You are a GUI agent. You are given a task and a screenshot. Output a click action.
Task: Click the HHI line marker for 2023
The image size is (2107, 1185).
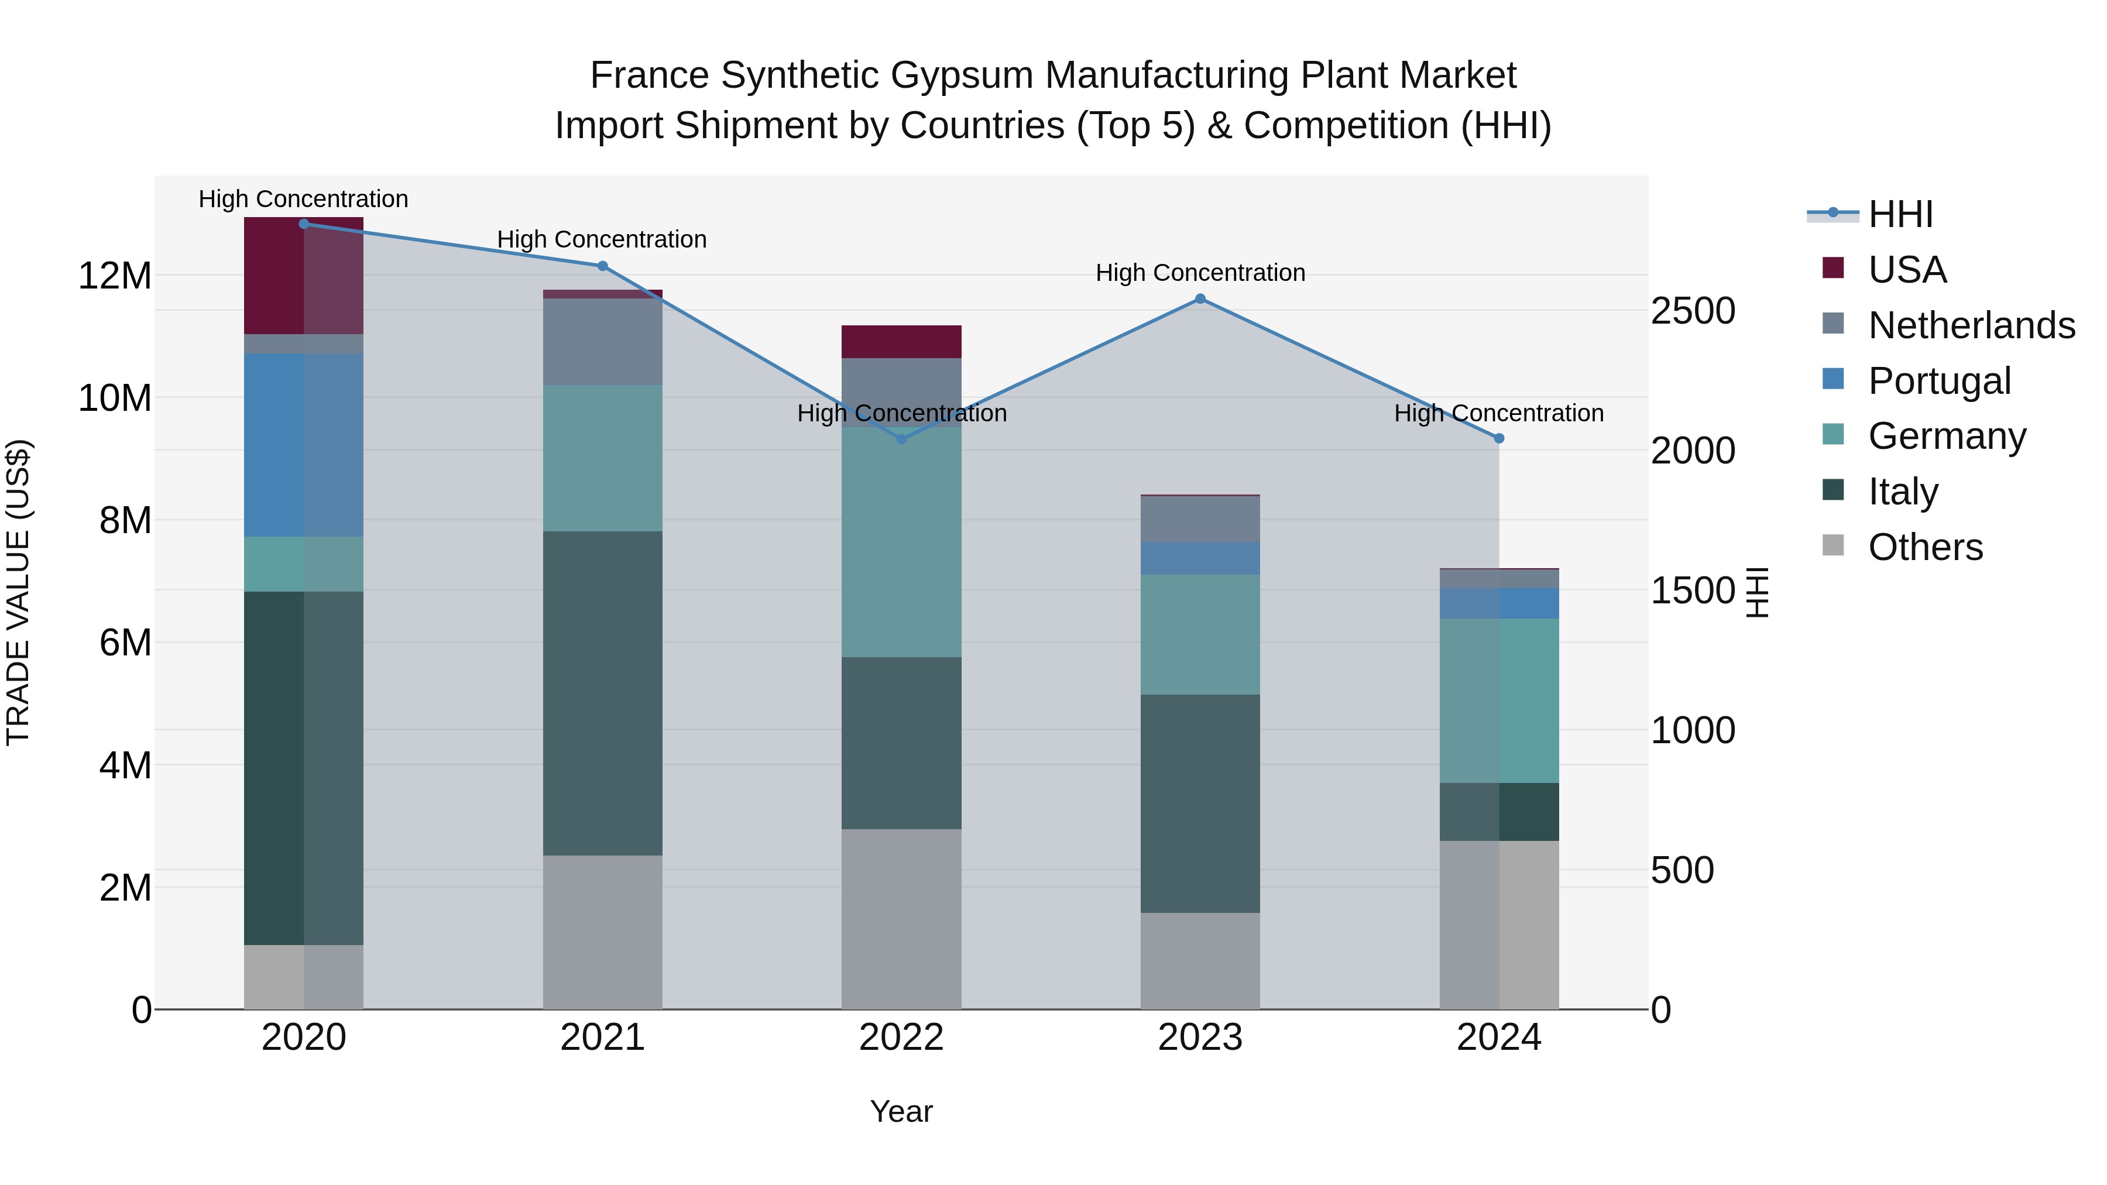[1200, 298]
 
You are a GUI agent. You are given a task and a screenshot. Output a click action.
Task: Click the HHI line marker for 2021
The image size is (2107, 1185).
[602, 266]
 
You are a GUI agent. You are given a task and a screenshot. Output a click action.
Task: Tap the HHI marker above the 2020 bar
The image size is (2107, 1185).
[303, 224]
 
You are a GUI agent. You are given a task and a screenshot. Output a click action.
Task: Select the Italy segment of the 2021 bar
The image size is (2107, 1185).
[602, 693]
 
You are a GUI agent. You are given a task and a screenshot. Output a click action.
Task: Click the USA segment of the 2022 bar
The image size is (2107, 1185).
[901, 341]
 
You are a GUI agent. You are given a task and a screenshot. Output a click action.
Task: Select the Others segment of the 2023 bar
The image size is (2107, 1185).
[1200, 960]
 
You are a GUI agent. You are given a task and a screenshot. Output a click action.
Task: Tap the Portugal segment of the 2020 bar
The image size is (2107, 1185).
[303, 444]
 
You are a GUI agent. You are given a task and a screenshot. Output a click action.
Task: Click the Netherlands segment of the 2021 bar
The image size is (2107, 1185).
[602, 341]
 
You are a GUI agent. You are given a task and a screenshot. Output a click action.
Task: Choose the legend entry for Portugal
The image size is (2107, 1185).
[1938, 380]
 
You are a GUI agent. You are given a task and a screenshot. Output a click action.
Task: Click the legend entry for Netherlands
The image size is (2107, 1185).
[1971, 325]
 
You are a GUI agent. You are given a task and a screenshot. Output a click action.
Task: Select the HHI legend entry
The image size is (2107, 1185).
[1899, 214]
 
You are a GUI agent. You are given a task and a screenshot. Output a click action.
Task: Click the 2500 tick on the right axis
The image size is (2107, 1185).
[1692, 311]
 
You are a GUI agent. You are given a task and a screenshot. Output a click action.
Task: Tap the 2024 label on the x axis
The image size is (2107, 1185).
[1498, 1037]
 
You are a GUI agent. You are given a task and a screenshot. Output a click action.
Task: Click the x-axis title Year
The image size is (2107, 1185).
[901, 1111]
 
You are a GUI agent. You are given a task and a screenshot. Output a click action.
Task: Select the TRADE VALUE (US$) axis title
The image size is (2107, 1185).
[18, 592]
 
